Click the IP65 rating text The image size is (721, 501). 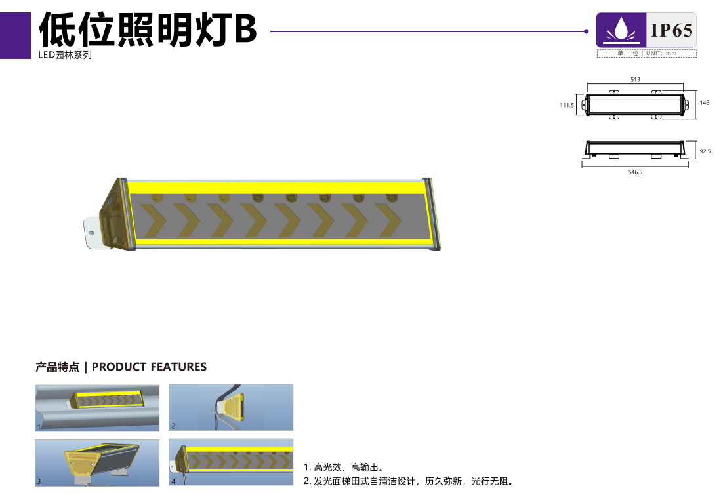[x=671, y=30]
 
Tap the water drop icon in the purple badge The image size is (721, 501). [x=621, y=30]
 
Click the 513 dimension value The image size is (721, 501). [x=635, y=79]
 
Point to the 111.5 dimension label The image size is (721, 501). [x=567, y=106]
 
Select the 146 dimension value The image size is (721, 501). [x=705, y=102]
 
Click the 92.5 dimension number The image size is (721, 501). [x=705, y=151]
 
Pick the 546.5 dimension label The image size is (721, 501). [x=635, y=172]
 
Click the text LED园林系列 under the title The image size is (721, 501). [x=65, y=55]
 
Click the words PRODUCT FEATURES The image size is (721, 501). [x=149, y=367]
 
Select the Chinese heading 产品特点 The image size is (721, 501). [x=58, y=367]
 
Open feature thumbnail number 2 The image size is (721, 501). [x=231, y=407]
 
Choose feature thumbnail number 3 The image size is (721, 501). [x=97, y=462]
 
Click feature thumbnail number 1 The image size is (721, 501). [x=97, y=408]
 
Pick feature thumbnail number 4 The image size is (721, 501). [x=231, y=462]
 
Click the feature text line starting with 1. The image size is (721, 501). [x=344, y=468]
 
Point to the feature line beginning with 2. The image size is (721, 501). [x=409, y=481]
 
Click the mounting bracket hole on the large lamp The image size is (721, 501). [x=91, y=233]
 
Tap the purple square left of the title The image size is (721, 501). [x=16, y=35]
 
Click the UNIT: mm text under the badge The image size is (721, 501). [x=661, y=53]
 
